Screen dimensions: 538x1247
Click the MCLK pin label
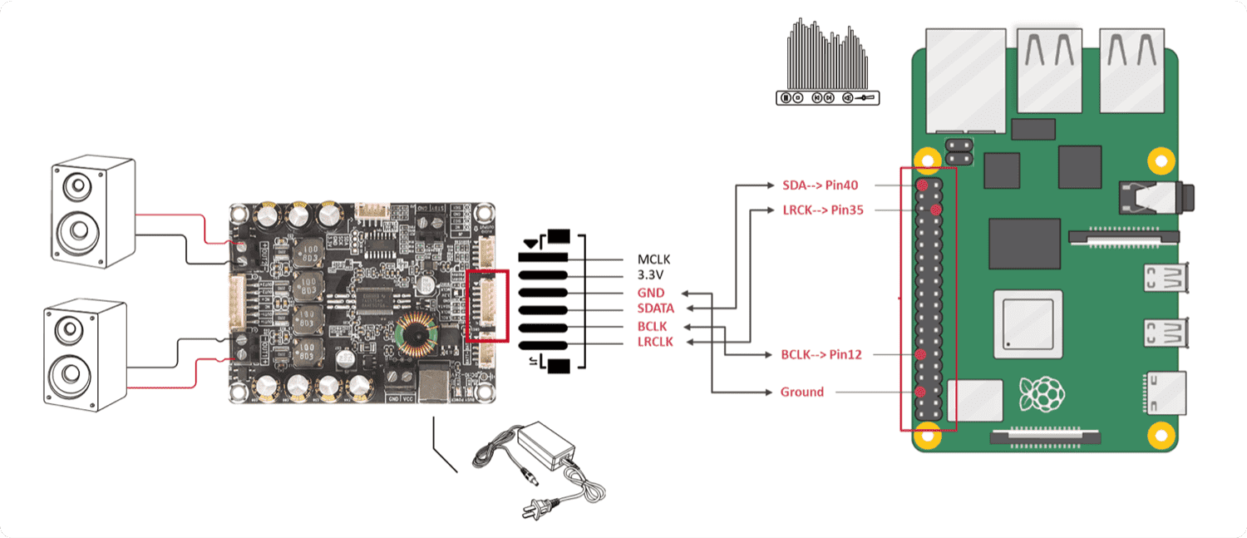(653, 259)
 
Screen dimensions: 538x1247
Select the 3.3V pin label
(651, 275)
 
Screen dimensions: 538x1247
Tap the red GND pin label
(651, 293)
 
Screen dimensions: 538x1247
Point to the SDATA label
(655, 308)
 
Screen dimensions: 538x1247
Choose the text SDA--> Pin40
(820, 185)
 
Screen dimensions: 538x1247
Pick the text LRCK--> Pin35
(822, 210)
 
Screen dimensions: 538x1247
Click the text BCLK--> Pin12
(821, 354)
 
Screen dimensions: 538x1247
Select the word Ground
(801, 392)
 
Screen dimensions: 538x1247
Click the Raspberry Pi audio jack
(1155, 197)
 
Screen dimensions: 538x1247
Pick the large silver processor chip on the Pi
(1029, 319)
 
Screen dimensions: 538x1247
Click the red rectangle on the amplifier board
(487, 305)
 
